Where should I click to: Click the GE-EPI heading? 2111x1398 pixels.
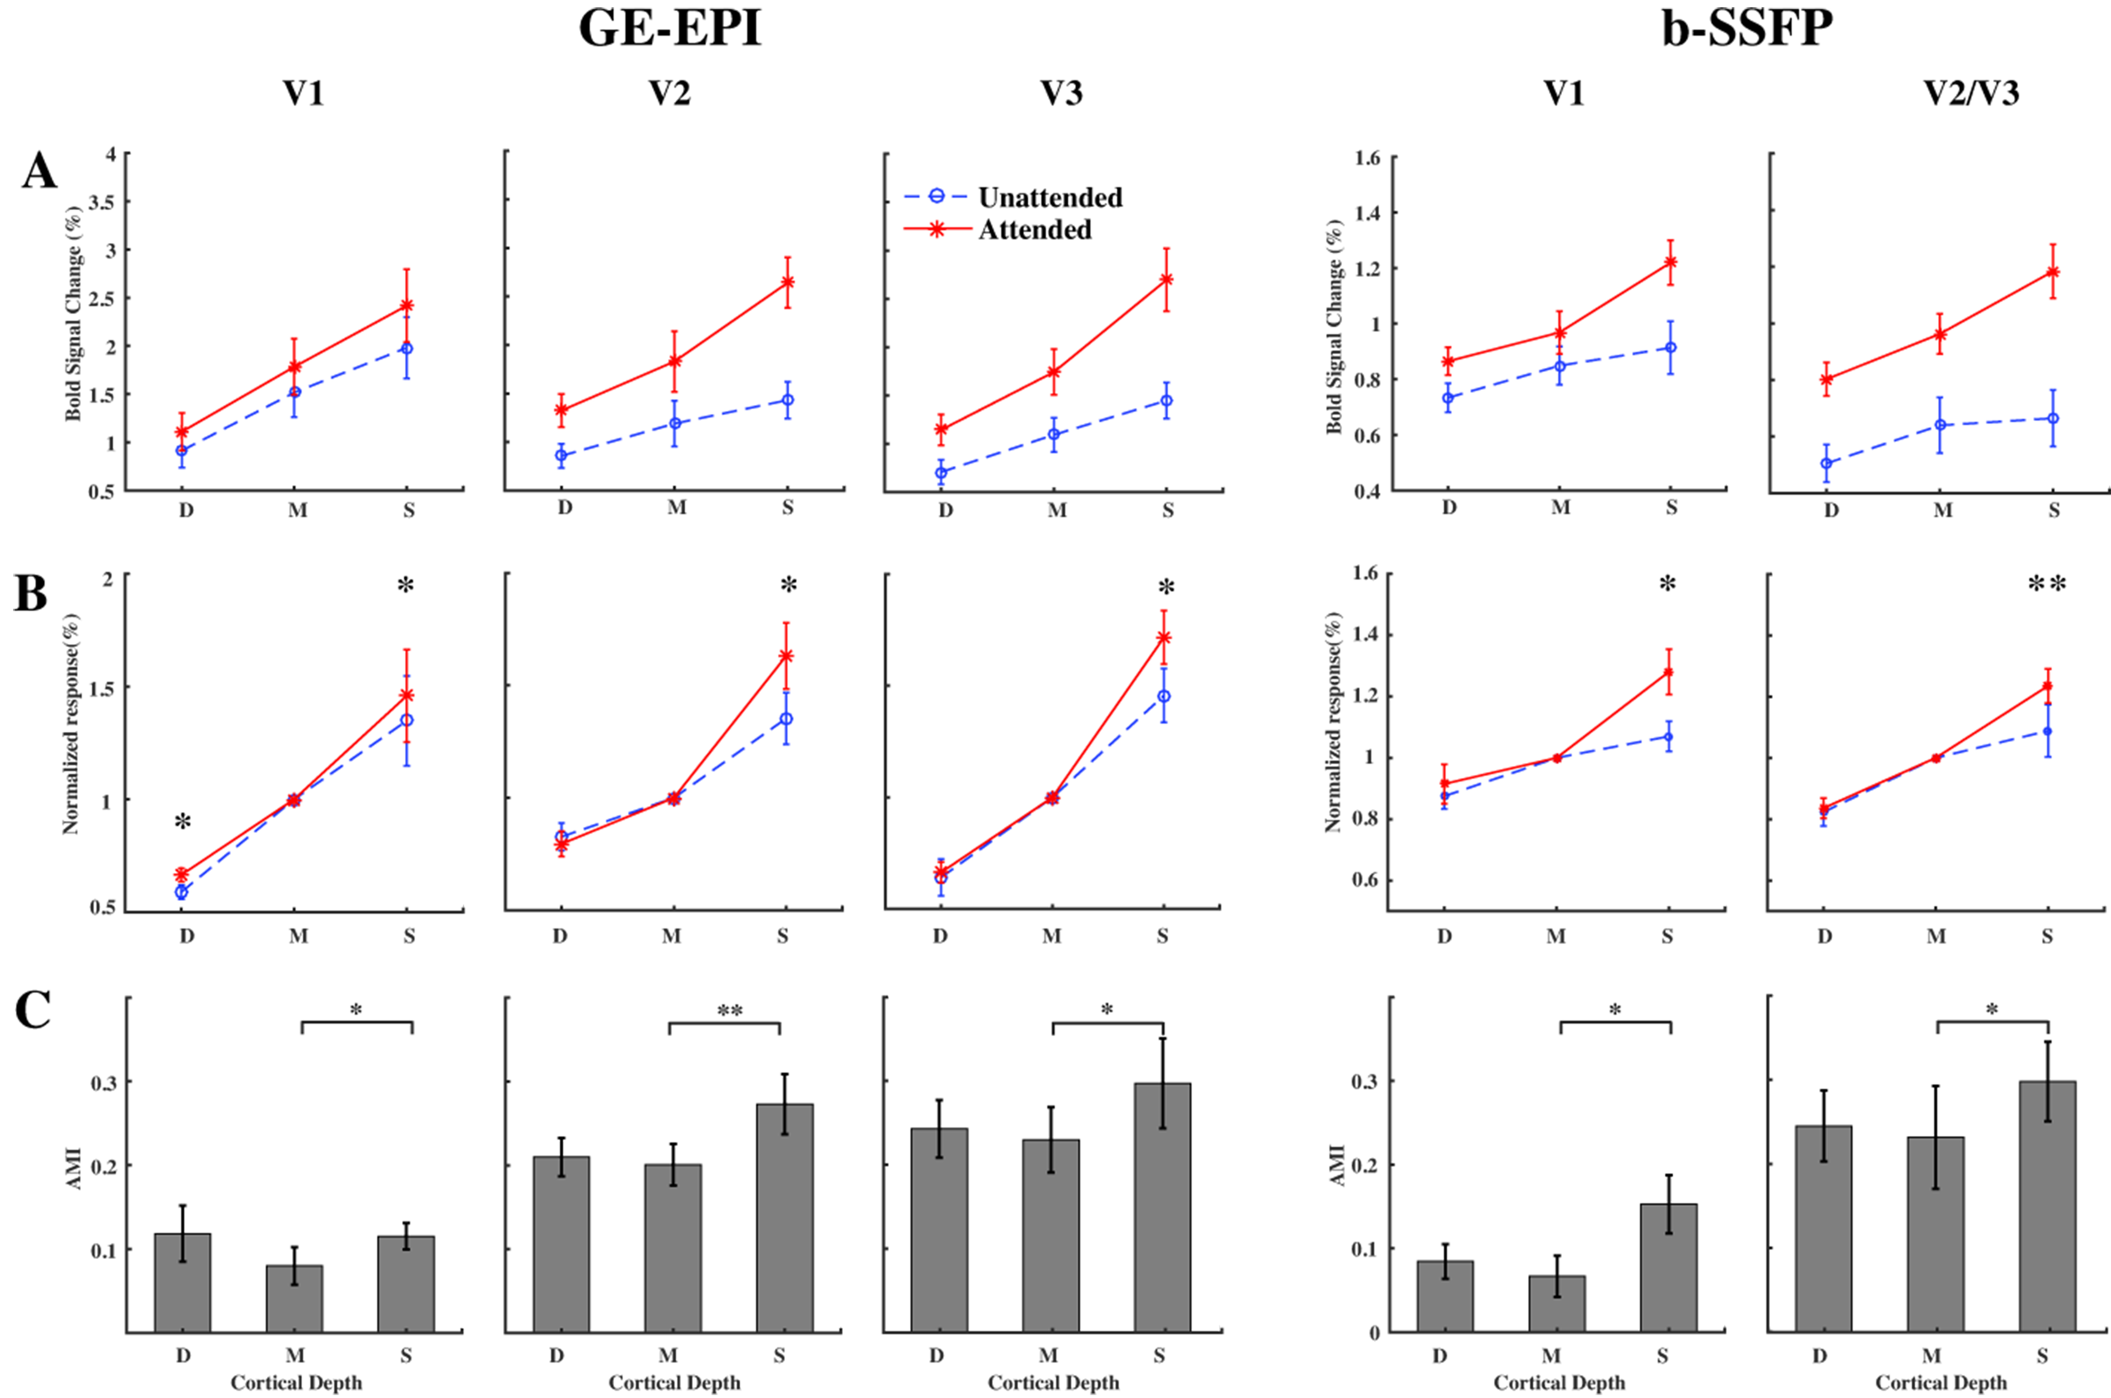[670, 29]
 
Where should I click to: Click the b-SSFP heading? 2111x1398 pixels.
[1747, 29]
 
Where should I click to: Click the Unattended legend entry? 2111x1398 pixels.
[1049, 197]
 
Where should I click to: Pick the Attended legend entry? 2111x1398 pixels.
[1034, 230]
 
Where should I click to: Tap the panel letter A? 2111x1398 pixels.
[39, 171]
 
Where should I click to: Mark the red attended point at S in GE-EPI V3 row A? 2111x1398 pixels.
[1165, 280]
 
